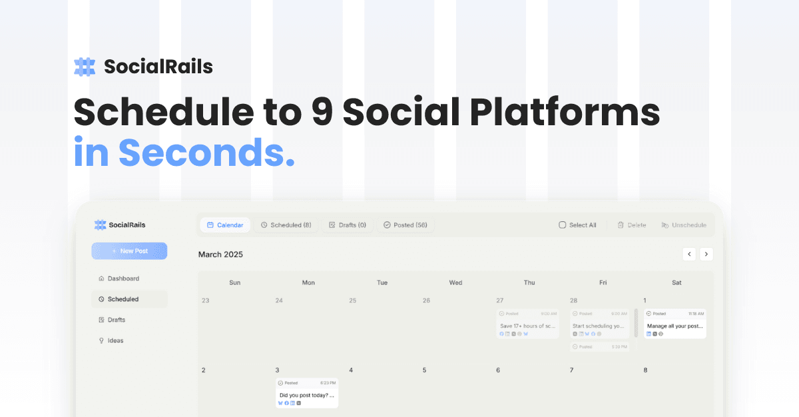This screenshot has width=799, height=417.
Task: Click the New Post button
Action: coord(129,251)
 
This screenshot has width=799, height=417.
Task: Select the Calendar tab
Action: coord(225,225)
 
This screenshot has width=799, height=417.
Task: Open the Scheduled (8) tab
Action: coord(286,225)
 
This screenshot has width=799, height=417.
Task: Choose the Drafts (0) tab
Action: coord(347,225)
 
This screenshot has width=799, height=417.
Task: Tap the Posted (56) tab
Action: coord(405,225)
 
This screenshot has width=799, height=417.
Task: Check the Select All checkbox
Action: coord(562,225)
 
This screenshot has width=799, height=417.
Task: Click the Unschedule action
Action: coord(683,225)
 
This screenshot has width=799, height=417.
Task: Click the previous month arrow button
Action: coord(689,254)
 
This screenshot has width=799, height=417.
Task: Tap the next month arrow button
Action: coord(706,254)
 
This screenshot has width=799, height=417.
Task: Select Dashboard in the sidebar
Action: coord(123,278)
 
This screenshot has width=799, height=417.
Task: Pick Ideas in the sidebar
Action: coord(115,340)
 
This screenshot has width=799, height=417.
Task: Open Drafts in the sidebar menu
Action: coord(116,320)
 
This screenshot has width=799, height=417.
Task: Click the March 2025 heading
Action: coord(220,254)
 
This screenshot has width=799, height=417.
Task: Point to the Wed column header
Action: coord(455,282)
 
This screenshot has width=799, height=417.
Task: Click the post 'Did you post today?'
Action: coord(307,393)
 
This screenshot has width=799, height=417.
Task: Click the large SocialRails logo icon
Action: coord(85,67)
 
